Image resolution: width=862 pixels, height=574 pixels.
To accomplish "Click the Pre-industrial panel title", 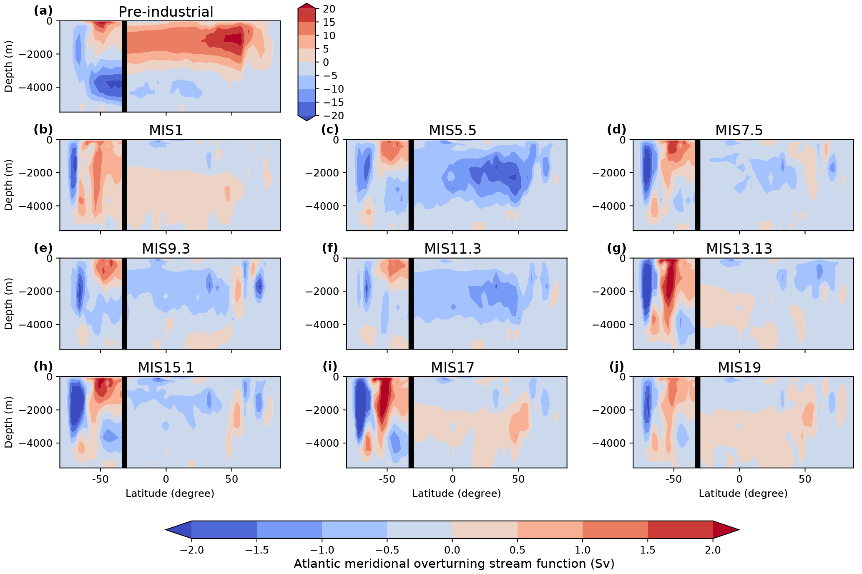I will point(166,12).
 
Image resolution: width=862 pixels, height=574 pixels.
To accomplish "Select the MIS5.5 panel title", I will point(452,131).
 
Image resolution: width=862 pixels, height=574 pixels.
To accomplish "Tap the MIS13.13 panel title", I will point(739,249).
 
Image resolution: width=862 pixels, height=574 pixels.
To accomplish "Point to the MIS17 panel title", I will point(452,368).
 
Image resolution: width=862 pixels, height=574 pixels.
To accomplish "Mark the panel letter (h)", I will point(43,367).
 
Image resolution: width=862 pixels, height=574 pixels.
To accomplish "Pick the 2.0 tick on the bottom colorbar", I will point(713,550).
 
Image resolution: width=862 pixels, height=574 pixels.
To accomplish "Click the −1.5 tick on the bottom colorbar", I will point(257,550).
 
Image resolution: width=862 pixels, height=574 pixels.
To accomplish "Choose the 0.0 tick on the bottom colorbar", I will point(452,550).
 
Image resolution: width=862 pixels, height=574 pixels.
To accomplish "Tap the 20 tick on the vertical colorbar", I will point(329,9).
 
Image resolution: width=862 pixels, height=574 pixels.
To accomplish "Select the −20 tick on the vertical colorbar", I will point(332,116).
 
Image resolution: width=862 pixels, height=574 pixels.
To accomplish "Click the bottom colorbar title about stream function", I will point(454,564).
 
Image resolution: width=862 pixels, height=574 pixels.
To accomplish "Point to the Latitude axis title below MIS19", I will point(743,493).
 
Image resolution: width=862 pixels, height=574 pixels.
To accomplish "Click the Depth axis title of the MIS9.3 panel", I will point(9,303).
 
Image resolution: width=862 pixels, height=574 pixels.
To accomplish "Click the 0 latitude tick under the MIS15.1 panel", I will point(166,479).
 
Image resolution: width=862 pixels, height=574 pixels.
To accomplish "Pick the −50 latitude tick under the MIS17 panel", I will point(387,479).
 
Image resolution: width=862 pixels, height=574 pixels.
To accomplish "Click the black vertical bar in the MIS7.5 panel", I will point(697,185).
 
